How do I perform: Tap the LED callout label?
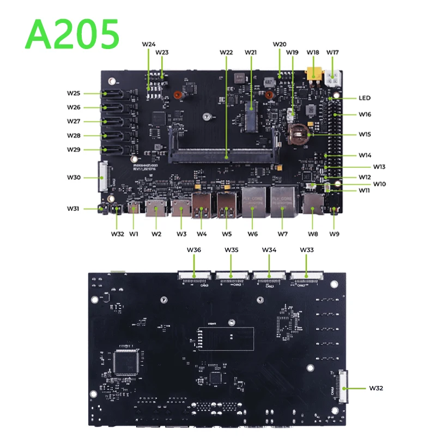[365, 98]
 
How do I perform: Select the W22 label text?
[226, 52]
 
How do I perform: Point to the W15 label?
[365, 134]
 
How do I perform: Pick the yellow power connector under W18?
[313, 74]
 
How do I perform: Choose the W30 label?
[74, 177]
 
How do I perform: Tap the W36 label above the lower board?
[194, 250]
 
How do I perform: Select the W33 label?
[307, 250]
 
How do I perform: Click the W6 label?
[252, 234]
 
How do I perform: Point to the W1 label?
[134, 234]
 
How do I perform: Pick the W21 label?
[251, 52]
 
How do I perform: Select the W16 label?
[365, 114]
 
